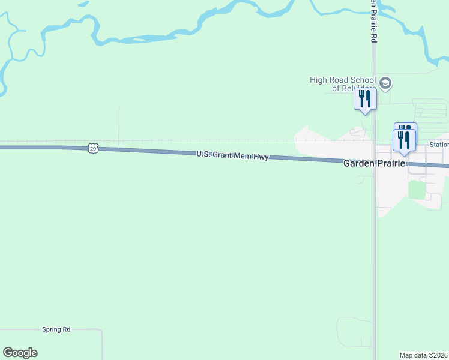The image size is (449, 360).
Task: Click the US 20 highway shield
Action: [92, 148]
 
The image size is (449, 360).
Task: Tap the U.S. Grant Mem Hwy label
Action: [232, 155]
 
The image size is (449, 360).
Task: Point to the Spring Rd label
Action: [56, 329]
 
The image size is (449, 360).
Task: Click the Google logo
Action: [20, 353]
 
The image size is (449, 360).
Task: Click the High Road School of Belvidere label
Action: [343, 84]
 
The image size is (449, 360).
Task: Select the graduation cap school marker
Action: [385, 83]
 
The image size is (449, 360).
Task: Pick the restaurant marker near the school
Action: [364, 99]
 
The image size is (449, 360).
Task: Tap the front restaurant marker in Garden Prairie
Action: [404, 141]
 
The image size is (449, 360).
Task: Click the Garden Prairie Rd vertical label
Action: [373, 22]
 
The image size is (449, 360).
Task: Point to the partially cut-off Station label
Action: [439, 145]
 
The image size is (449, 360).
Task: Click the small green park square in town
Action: [417, 190]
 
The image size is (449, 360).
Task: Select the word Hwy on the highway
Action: [260, 157]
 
